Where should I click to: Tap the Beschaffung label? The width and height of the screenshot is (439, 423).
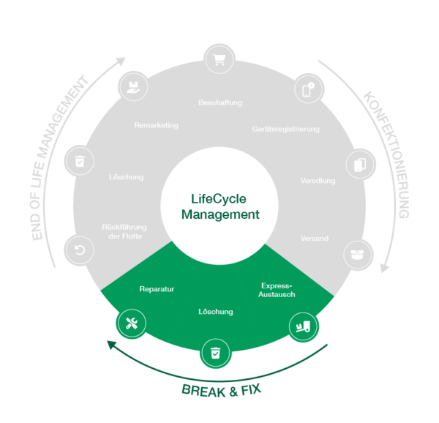coord(219,102)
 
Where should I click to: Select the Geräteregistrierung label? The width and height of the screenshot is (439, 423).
coord(286,129)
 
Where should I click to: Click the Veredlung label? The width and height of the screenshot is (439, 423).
coord(318,181)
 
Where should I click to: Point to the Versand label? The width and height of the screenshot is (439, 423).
coord(314,239)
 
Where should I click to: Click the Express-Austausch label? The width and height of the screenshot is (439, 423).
coord(277,289)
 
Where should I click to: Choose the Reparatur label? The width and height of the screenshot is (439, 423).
coord(157,289)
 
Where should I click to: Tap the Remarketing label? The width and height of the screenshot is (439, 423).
coord(156,125)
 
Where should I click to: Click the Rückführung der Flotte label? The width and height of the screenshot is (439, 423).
coord(122,231)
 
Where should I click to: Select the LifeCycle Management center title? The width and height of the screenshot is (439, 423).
coord(219,206)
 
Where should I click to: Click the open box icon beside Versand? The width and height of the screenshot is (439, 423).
coord(358,255)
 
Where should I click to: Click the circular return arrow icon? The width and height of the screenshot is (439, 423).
coord(78,250)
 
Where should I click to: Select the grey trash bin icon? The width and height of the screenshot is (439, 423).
coord(79,160)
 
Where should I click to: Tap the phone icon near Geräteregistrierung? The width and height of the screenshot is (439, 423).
coord(309,89)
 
